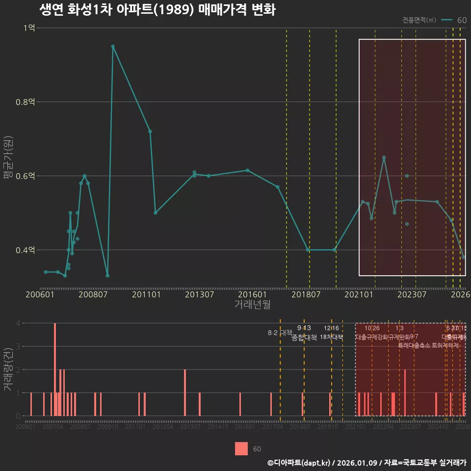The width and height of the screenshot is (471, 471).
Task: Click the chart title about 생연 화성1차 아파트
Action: (157, 10)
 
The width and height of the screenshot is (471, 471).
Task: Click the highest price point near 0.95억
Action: (113, 46)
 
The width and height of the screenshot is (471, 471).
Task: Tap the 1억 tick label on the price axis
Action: (29, 28)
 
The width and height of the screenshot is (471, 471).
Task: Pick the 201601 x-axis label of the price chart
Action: (253, 295)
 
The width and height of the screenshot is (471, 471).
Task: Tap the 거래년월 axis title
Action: (252, 305)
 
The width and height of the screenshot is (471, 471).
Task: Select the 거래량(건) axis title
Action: (8, 369)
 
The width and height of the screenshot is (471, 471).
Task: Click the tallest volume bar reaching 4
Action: (55, 369)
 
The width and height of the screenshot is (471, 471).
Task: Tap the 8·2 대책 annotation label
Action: (280, 333)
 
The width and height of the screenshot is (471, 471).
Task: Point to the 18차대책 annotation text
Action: (331, 337)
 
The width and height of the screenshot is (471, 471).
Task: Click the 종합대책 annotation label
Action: (304, 338)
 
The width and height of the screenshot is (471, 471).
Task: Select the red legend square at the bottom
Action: (241, 448)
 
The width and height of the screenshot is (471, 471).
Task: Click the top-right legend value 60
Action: (462, 20)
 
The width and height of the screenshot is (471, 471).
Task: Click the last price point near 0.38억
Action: (464, 257)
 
